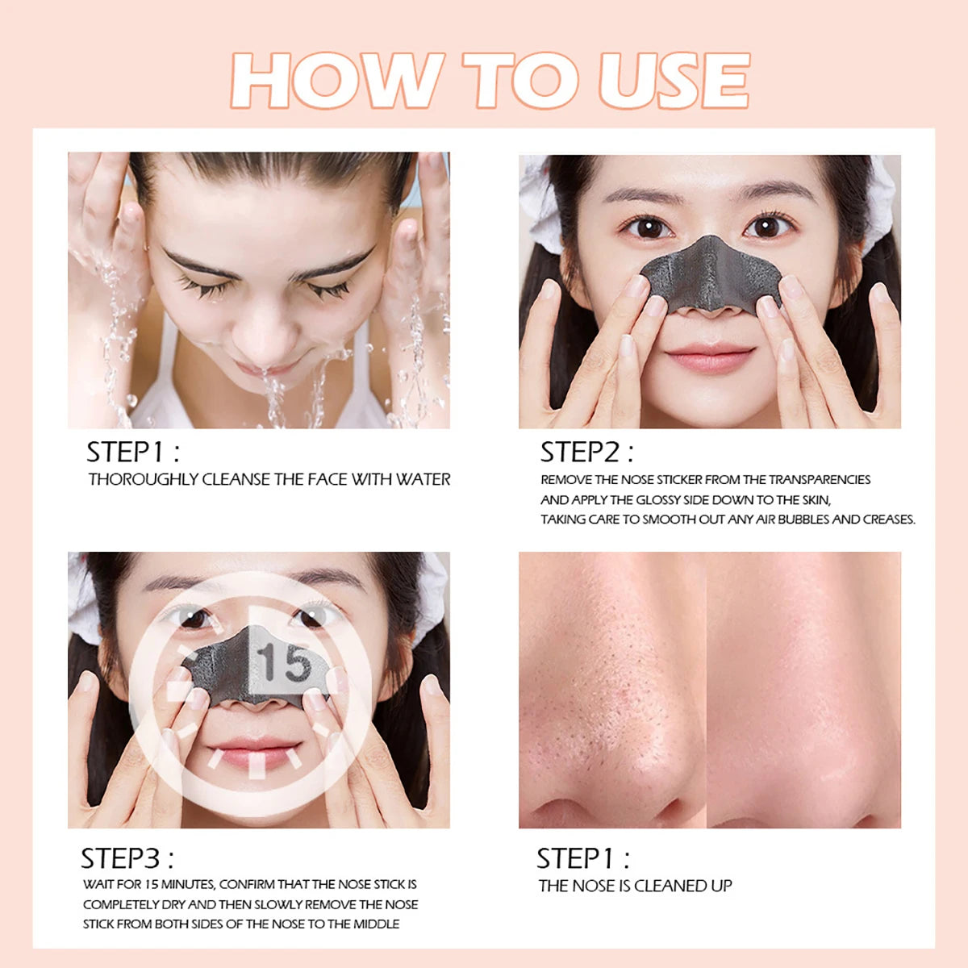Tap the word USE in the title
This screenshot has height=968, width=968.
point(674,81)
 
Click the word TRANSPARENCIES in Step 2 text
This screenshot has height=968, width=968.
point(819,480)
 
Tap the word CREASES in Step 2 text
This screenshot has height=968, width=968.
point(888,519)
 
